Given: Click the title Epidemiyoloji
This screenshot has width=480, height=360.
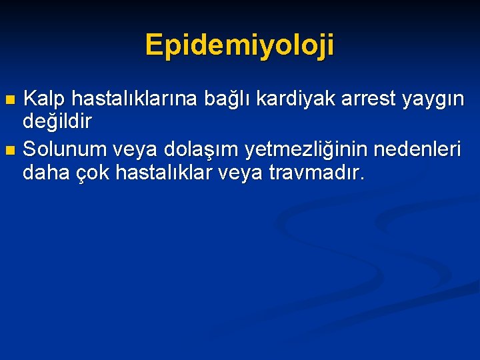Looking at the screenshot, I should coord(240,45).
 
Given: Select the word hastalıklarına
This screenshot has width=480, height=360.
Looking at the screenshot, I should coord(134,99).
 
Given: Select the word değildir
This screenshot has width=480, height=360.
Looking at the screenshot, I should coord(57,122).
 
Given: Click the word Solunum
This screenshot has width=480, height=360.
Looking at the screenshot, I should coord(65,150).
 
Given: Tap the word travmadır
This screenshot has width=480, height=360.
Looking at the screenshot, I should coord(317,173).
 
